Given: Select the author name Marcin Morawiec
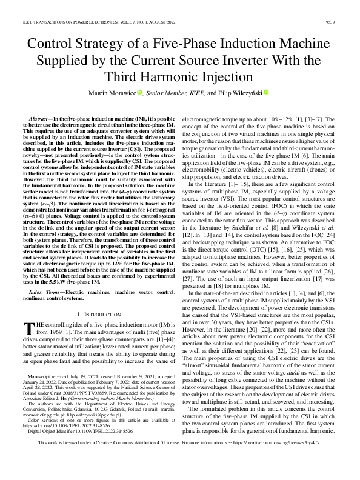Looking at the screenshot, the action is (112, 93).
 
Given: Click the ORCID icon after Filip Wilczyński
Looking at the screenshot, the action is (265, 92).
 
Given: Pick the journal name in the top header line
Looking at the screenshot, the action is (67, 21).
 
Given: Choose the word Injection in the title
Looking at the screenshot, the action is (221, 78).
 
